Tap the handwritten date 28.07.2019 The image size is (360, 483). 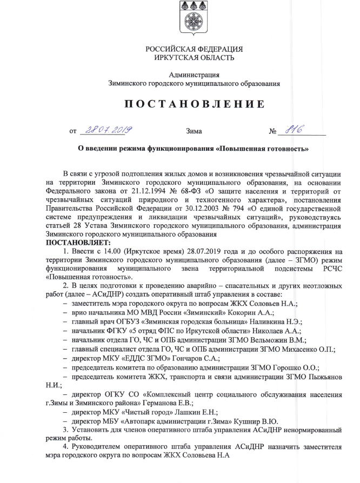pos(107,130)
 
